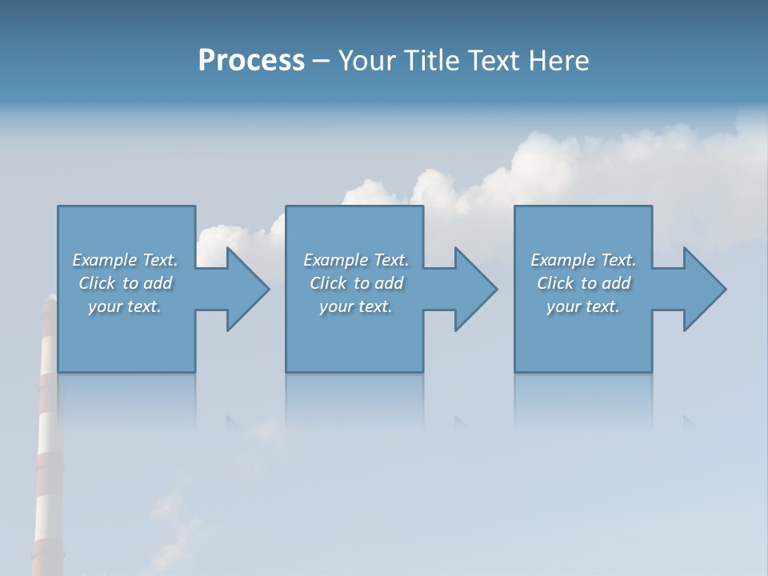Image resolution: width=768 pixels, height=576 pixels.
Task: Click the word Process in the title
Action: (x=251, y=61)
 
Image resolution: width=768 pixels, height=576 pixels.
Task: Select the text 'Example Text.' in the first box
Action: (x=125, y=260)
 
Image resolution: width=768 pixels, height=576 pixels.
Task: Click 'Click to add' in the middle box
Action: (x=356, y=283)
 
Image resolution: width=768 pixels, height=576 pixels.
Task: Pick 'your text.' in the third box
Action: (x=583, y=306)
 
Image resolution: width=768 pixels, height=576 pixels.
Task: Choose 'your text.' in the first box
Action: (x=125, y=306)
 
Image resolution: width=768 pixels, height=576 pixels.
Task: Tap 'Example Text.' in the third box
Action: (x=583, y=260)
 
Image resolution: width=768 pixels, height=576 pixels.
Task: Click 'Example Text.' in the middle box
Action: (x=356, y=260)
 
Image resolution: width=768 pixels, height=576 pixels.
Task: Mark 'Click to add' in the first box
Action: (x=125, y=283)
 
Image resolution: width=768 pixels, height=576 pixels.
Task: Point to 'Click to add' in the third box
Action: (x=583, y=283)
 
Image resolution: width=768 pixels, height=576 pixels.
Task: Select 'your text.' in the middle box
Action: (x=356, y=306)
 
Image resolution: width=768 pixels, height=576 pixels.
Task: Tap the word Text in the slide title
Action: (x=495, y=61)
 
